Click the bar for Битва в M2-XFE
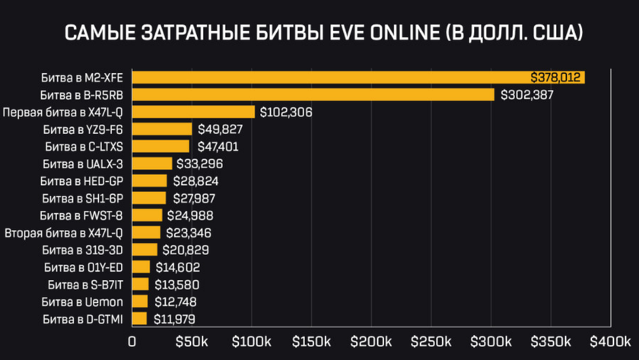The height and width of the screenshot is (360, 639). [x=358, y=78]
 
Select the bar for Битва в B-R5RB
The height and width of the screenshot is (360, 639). [x=313, y=95]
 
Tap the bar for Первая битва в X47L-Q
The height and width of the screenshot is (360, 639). [x=193, y=112]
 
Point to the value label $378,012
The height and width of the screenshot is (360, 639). [x=557, y=78]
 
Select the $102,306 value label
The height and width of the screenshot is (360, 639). [x=286, y=112]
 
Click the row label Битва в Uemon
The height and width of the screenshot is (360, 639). [x=84, y=301]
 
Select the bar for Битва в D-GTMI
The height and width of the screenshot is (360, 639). [x=139, y=319]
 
